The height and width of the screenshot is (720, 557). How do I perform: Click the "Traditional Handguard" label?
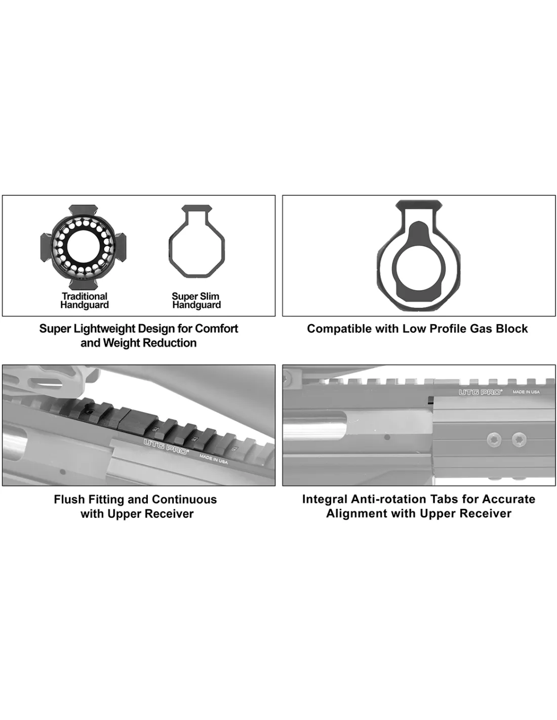84,300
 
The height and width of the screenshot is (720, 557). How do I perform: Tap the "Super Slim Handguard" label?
196,300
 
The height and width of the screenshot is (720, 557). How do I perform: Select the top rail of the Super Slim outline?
197,208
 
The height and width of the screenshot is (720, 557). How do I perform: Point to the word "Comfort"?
216,329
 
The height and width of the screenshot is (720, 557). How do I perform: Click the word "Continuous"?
184,499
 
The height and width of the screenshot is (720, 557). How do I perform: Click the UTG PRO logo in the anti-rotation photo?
480,392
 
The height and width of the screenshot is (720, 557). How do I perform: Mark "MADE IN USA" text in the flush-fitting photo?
213,459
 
